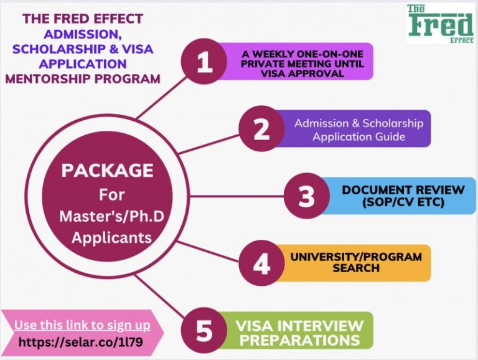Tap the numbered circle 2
coord(261,129)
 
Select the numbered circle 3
coord(306,196)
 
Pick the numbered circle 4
coord(261,263)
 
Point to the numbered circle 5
coord(204,331)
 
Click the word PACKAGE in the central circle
coord(107,170)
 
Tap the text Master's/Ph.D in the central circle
coord(107,216)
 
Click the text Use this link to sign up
coord(82,324)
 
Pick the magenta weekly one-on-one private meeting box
coord(299,62)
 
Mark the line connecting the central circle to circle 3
coord(237,196)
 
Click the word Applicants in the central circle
coord(107,238)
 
